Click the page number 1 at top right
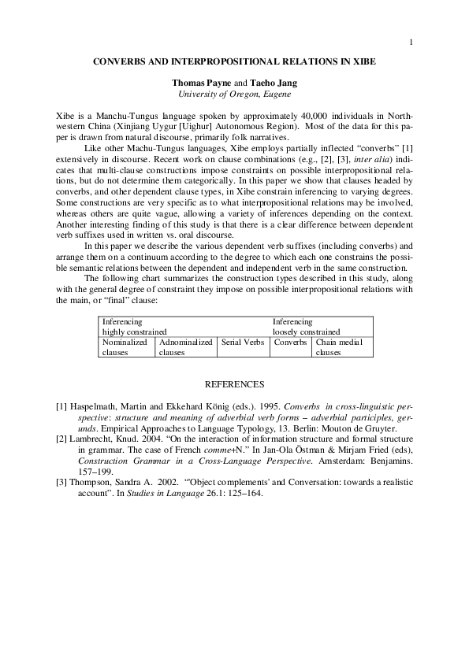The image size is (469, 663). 411,42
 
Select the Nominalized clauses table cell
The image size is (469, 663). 127,347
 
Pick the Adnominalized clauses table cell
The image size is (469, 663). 185,347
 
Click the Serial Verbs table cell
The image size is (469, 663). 242,343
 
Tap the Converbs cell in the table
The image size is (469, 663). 290,343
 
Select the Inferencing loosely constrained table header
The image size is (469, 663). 307,328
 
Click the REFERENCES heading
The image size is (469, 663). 234,384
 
